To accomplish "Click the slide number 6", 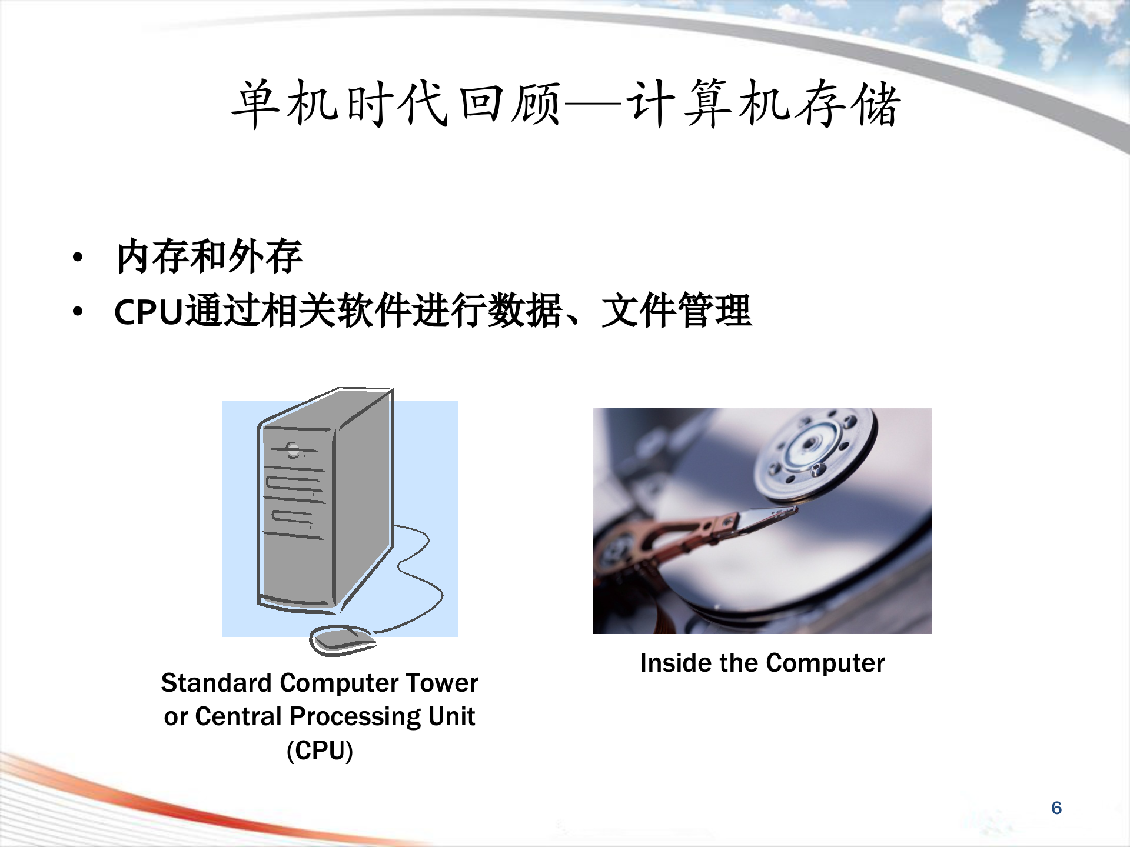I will click(x=1056, y=808).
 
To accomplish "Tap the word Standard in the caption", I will click(x=216, y=683).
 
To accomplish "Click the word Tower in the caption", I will click(x=442, y=683).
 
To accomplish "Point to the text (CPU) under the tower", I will click(x=320, y=751).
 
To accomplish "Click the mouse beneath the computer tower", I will click(x=341, y=640).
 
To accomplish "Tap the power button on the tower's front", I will click(x=293, y=451).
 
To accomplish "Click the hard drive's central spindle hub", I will click(x=812, y=442).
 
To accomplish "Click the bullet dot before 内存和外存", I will click(x=78, y=257).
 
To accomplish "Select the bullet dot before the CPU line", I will click(x=78, y=311).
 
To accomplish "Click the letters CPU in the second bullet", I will click(x=149, y=311).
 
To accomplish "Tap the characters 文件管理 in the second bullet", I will click(x=676, y=311).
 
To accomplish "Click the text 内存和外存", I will click(x=210, y=256).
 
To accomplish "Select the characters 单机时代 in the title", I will click(x=340, y=104).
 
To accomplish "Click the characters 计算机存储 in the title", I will click(x=763, y=104).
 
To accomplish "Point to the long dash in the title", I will click(x=593, y=106).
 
